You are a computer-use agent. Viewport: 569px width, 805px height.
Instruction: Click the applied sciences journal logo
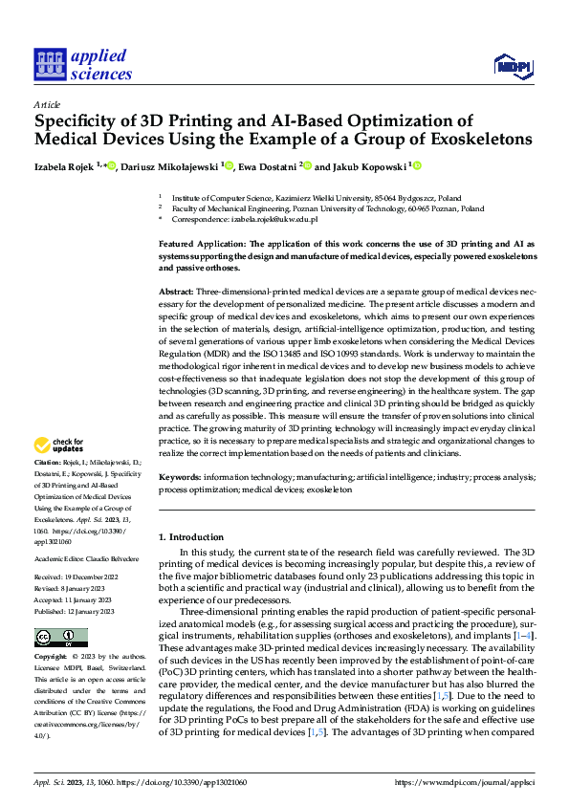83,63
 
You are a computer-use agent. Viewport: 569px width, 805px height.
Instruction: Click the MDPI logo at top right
514,65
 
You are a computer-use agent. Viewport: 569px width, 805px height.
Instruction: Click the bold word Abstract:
176,289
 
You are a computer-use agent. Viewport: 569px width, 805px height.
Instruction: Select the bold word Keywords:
180,475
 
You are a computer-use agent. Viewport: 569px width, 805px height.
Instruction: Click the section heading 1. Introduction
191,537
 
